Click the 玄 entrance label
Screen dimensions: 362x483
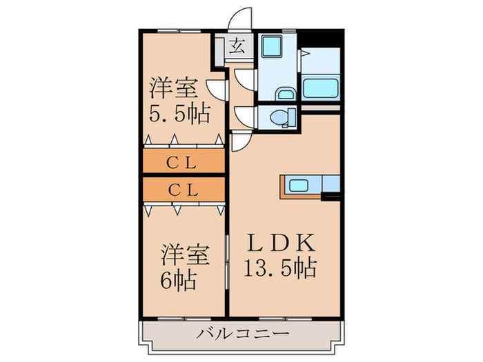coord(237,48)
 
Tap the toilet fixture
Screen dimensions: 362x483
coord(279,117)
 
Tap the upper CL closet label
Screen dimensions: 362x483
coord(183,163)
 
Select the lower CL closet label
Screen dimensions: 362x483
coord(183,188)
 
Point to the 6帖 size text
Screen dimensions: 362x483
coord(179,280)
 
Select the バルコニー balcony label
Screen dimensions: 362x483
coord(241,334)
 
